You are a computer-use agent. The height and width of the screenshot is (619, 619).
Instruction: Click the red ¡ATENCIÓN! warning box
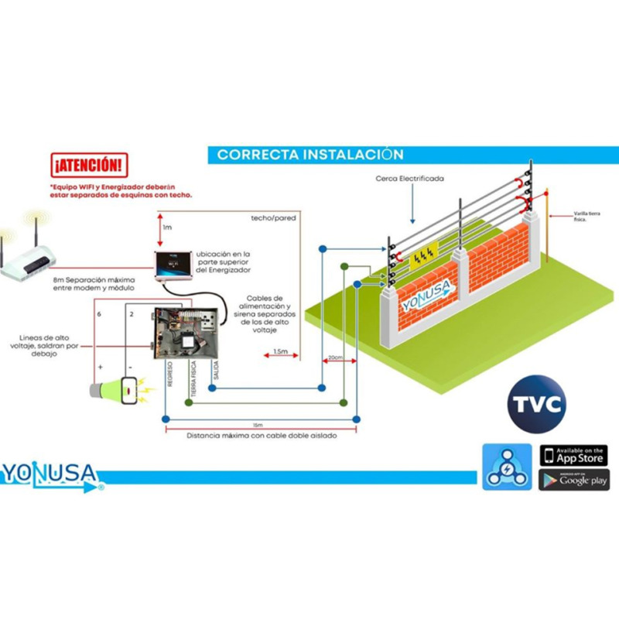87,165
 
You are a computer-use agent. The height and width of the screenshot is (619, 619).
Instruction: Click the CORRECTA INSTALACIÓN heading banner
309,154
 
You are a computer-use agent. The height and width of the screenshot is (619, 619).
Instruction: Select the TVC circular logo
536,404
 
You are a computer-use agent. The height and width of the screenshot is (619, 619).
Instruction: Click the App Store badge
573,455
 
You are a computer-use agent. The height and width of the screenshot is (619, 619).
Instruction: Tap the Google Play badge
573,480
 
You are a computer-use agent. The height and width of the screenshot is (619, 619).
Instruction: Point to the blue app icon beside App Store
507,467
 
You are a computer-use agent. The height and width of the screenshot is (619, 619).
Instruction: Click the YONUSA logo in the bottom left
51,474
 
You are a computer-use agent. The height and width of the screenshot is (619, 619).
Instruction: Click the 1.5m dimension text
280,352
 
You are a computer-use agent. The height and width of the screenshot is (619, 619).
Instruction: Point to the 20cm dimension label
335,357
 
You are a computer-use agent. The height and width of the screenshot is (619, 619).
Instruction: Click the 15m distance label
257,426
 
